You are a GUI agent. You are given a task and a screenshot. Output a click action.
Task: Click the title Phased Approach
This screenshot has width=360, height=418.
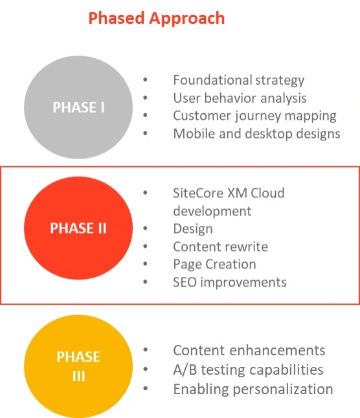click(156, 18)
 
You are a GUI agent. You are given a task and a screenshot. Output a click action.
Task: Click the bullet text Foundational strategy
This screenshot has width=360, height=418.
click(238, 80)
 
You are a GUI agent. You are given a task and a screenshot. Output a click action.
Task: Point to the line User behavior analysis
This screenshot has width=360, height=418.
click(240, 98)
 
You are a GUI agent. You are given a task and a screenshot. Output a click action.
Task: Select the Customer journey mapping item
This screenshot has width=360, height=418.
click(254, 116)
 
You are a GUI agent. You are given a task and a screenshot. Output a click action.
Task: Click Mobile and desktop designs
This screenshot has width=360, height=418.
click(256, 134)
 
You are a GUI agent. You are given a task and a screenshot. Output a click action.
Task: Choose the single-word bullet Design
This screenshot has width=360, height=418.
click(192, 229)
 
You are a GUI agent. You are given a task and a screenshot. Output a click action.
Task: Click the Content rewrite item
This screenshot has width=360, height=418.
click(220, 247)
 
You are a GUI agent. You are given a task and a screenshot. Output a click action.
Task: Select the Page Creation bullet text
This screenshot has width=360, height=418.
click(214, 265)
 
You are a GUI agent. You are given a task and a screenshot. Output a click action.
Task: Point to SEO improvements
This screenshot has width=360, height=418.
click(229, 282)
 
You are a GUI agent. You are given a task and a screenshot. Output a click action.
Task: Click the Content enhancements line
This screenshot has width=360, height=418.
click(249, 351)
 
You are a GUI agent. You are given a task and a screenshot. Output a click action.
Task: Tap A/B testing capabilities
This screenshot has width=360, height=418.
click(247, 370)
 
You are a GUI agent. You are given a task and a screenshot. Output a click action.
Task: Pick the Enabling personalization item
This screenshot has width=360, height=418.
click(253, 390)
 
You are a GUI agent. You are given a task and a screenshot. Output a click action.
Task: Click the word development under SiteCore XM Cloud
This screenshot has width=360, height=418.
click(212, 211)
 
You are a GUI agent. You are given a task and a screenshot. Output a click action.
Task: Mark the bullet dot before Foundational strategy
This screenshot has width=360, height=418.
click(146, 80)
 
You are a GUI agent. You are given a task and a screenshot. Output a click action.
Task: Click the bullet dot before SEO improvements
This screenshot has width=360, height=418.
click(146, 282)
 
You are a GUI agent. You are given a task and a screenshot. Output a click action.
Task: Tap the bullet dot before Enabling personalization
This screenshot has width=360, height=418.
click(146, 390)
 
